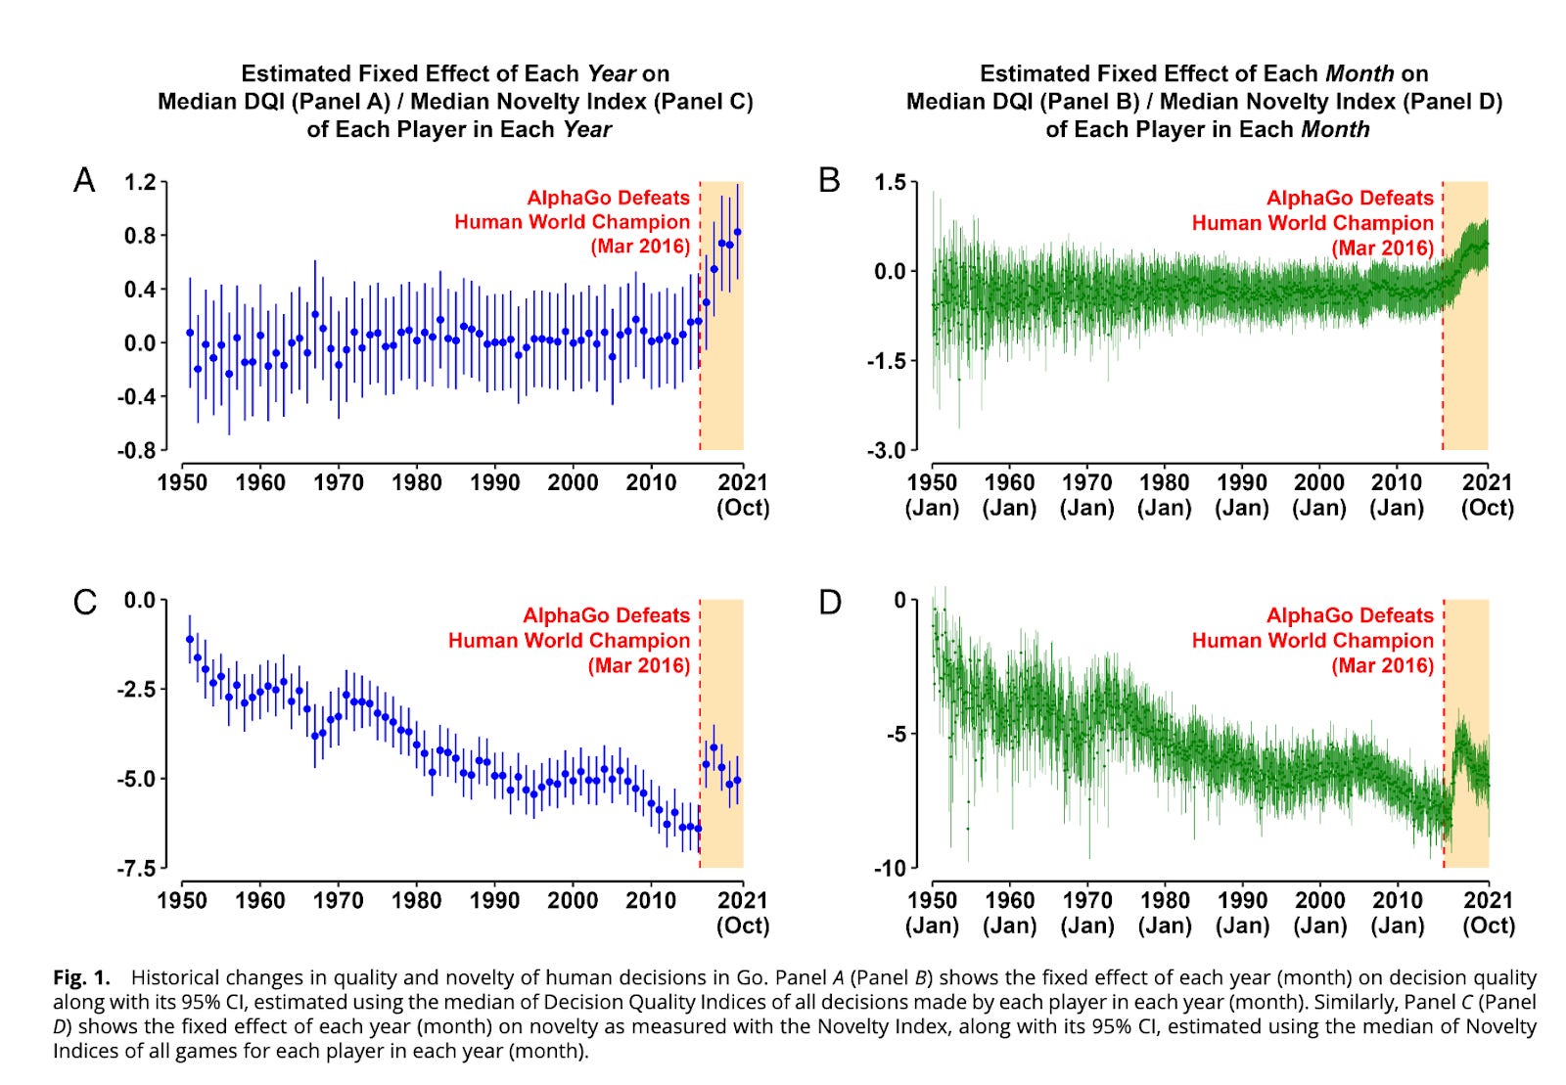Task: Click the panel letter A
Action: [x=84, y=181]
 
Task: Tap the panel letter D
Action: [x=830, y=602]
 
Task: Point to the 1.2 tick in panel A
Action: [x=140, y=182]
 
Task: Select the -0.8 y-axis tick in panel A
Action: [x=137, y=451]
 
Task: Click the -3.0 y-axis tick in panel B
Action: [x=886, y=451]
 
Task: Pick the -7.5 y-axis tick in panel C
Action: [x=137, y=869]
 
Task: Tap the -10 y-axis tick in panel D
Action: [x=890, y=869]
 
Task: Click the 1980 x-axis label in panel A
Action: [x=416, y=482]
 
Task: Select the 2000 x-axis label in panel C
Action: [x=573, y=900]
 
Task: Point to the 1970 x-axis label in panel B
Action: [x=1086, y=482]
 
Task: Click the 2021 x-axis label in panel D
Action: [x=1489, y=900]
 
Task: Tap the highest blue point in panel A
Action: [x=738, y=232]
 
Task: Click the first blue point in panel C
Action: [x=190, y=640]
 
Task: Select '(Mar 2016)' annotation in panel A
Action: [x=640, y=247]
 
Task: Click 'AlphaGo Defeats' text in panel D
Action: [x=1350, y=615]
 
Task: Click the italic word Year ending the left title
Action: [x=586, y=129]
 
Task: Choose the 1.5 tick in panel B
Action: [x=890, y=182]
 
